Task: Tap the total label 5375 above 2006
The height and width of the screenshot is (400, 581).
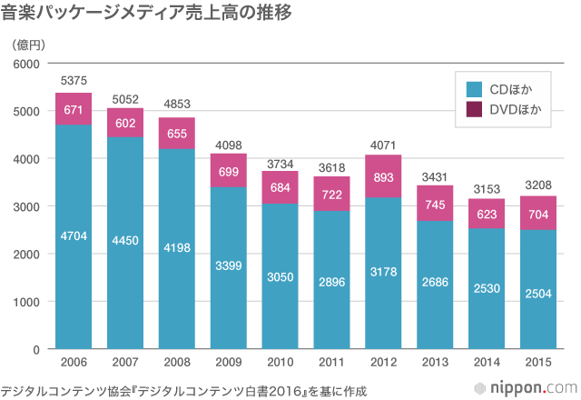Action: pyautogui.click(x=74, y=83)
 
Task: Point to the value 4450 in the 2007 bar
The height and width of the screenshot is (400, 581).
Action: pyautogui.click(x=125, y=240)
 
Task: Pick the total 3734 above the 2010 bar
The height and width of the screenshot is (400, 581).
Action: pyautogui.click(x=280, y=163)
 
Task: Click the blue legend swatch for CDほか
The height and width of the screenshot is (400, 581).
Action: pyautogui.click(x=474, y=89)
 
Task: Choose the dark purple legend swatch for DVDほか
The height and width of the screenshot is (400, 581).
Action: pyautogui.click(x=474, y=110)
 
